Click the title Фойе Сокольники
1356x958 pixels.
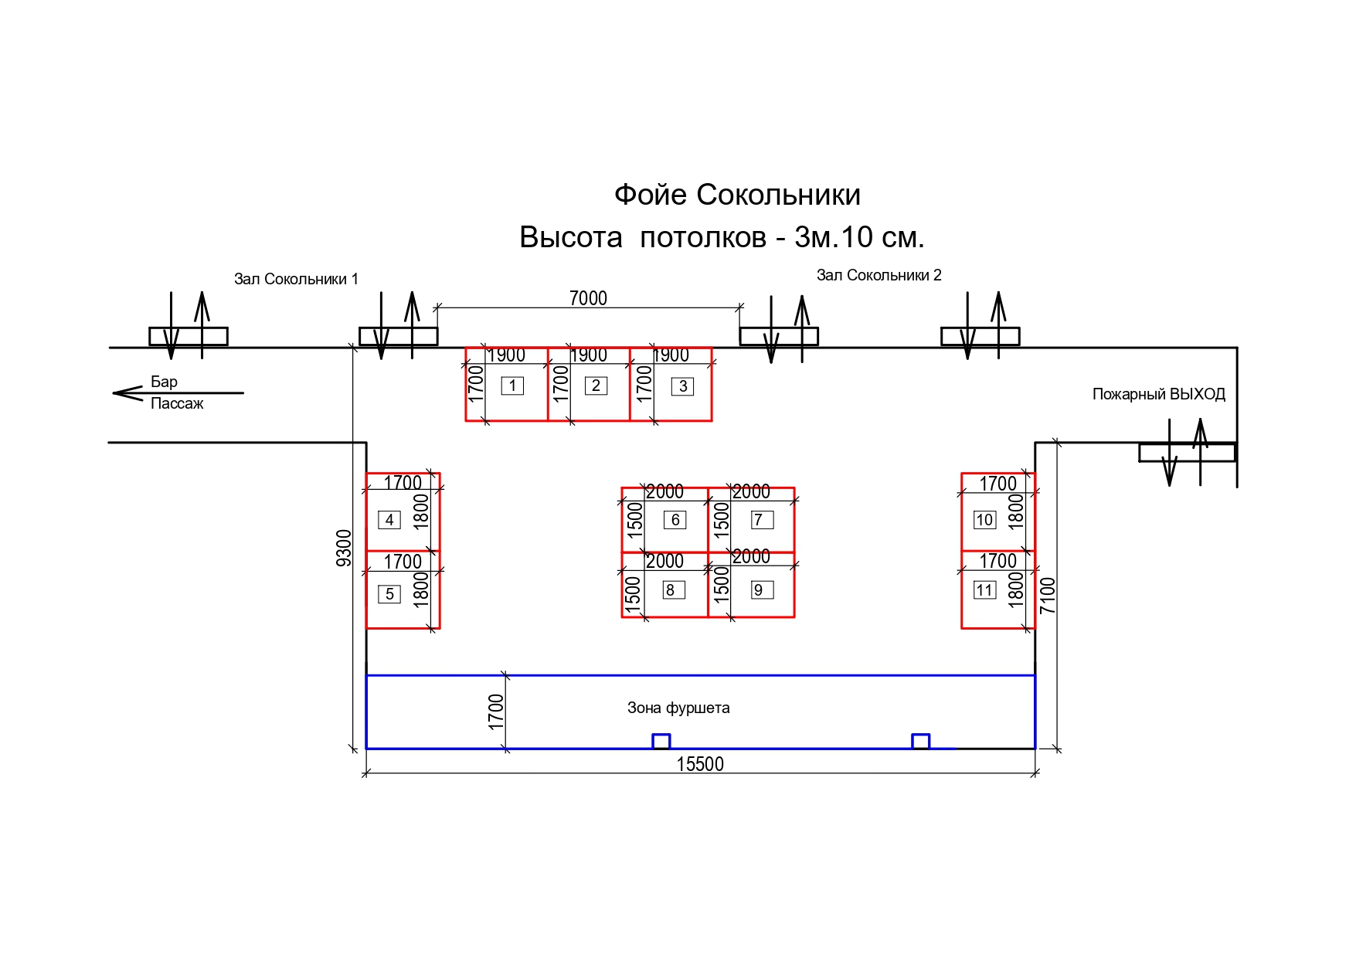click(737, 195)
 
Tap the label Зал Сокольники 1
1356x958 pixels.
click(296, 279)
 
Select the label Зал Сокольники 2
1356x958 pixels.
click(879, 275)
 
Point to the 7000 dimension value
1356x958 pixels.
click(588, 298)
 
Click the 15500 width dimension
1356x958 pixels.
click(700, 764)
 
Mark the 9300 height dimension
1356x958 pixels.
click(344, 548)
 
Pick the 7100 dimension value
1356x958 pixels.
click(1047, 596)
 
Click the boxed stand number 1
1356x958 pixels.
click(512, 386)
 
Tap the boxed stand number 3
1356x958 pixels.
click(683, 386)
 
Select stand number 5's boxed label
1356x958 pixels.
click(389, 594)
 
